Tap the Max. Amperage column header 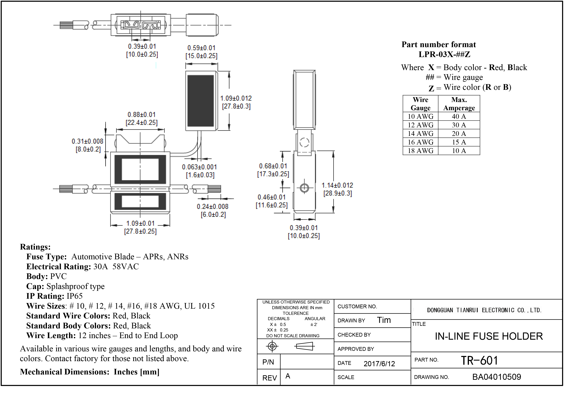pyautogui.click(x=459, y=104)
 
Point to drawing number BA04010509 pyautogui.click(x=497, y=377)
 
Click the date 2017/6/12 pyautogui.click(x=379, y=364)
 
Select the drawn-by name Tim pyautogui.click(x=384, y=320)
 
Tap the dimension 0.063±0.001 pyautogui.click(x=199, y=167)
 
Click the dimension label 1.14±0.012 pyautogui.click(x=337, y=185)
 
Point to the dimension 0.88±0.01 pyautogui.click(x=141, y=115)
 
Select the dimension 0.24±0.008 pyautogui.click(x=213, y=207)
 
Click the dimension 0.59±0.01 pyautogui.click(x=201, y=48)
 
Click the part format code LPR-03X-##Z pyautogui.click(x=444, y=54)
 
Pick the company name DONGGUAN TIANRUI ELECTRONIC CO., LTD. pyautogui.click(x=484, y=310)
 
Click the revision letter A pyautogui.click(x=288, y=376)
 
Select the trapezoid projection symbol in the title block pyautogui.click(x=305, y=346)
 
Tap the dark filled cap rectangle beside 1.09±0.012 pyautogui.click(x=201, y=101)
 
